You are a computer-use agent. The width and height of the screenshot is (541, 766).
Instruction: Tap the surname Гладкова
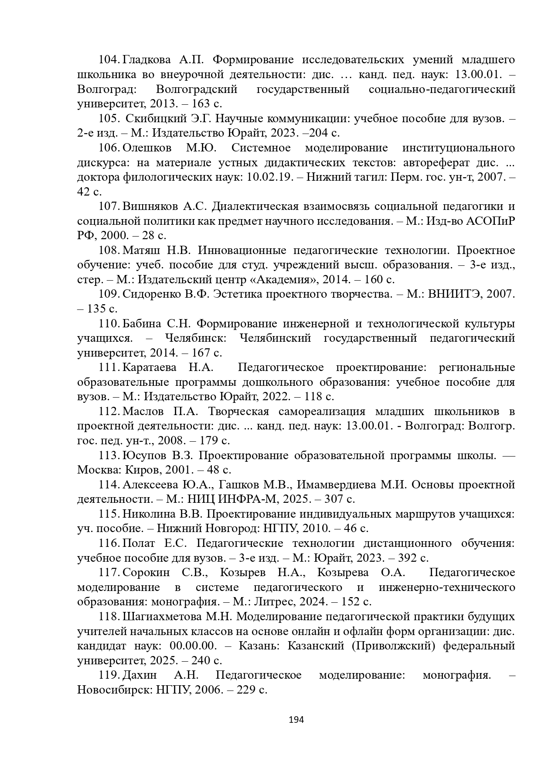[148, 60]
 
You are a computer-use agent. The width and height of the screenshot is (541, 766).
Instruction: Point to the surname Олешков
[147, 148]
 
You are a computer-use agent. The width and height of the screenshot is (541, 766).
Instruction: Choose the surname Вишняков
[150, 206]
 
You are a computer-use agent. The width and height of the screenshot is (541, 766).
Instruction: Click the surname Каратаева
[150, 368]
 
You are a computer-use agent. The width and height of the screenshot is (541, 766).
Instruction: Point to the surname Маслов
[143, 412]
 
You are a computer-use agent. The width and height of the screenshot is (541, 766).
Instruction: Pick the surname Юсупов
[144, 456]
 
